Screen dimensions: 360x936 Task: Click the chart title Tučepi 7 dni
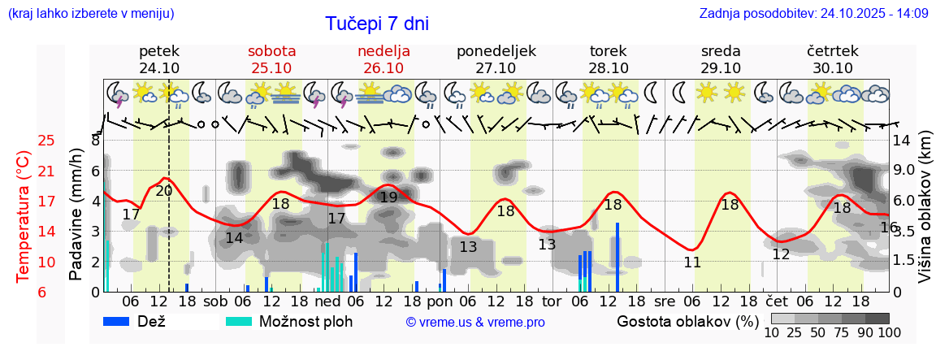[x=377, y=24]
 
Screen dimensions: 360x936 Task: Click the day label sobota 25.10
[x=271, y=59]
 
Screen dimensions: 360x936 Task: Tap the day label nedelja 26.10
[x=383, y=59]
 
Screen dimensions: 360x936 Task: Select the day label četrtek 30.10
[x=833, y=59]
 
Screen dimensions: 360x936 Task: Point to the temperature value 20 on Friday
[x=163, y=191]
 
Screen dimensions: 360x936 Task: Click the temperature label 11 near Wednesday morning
[x=692, y=262]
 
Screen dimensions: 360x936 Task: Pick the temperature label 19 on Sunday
[x=388, y=197]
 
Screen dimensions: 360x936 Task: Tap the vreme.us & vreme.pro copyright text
[x=475, y=323]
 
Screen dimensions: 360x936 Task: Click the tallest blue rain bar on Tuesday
[x=617, y=257]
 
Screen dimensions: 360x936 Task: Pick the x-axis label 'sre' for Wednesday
[x=665, y=300]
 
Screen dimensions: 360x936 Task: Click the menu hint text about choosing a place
[x=90, y=14]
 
